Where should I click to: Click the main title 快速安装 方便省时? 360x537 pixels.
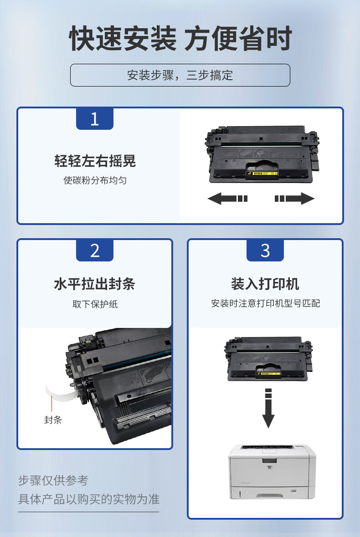point(180,38)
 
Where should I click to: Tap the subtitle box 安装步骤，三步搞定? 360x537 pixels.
point(180,75)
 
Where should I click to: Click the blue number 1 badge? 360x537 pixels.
point(94,119)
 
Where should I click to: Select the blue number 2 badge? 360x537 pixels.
point(94,251)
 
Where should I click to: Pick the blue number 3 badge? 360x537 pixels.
point(265,251)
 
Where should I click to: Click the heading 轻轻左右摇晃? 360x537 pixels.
point(95,161)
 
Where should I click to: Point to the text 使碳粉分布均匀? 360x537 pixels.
point(95,180)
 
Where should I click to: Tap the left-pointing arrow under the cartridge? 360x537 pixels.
point(227,198)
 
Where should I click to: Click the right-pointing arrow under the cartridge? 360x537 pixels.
point(294,198)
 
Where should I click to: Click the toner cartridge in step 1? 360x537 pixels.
point(262,154)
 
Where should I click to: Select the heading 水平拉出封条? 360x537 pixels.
point(94,284)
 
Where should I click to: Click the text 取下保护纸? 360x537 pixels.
point(95,304)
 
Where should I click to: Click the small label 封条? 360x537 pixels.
point(53,420)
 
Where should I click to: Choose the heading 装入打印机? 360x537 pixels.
point(265,284)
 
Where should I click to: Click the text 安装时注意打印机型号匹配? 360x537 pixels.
point(266,303)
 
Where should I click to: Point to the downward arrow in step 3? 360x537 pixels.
point(268,408)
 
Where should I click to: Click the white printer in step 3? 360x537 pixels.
point(272,471)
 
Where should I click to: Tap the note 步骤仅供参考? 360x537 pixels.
point(53,480)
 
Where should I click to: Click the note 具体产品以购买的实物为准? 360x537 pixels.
point(89,499)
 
